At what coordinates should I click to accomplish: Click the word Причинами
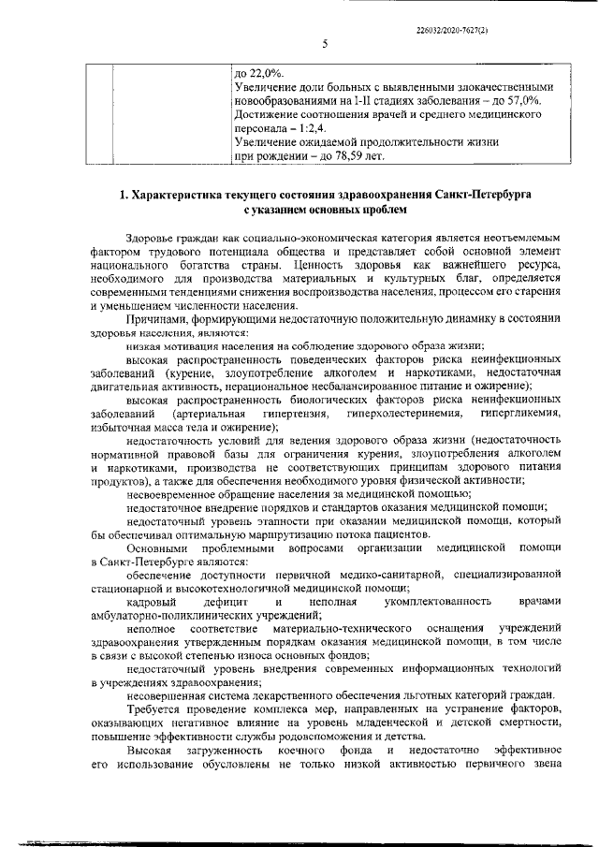coord(159,319)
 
